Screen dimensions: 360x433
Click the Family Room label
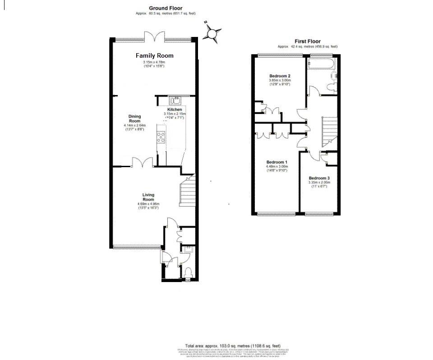pyautogui.click(x=155, y=55)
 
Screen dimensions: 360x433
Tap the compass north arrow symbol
pyautogui.click(x=213, y=33)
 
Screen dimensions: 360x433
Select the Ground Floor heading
pyautogui.click(x=166, y=8)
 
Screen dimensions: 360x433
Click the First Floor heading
pyautogui.click(x=308, y=41)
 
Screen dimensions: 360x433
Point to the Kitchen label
pyautogui.click(x=175, y=109)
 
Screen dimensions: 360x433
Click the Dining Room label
pyautogui.click(x=135, y=118)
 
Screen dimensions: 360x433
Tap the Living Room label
pyautogui.click(x=148, y=197)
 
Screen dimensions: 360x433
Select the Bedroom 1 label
pyautogui.click(x=277, y=162)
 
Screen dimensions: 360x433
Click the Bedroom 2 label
pyautogui.click(x=280, y=76)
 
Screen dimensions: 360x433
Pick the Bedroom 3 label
pyautogui.click(x=319, y=178)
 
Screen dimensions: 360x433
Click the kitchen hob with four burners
pyautogui.click(x=161, y=136)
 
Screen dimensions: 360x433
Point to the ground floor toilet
pyautogui.click(x=188, y=272)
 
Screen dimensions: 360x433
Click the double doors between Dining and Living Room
pyautogui.click(x=142, y=162)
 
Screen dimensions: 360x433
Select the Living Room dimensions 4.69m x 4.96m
pyautogui.click(x=148, y=204)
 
